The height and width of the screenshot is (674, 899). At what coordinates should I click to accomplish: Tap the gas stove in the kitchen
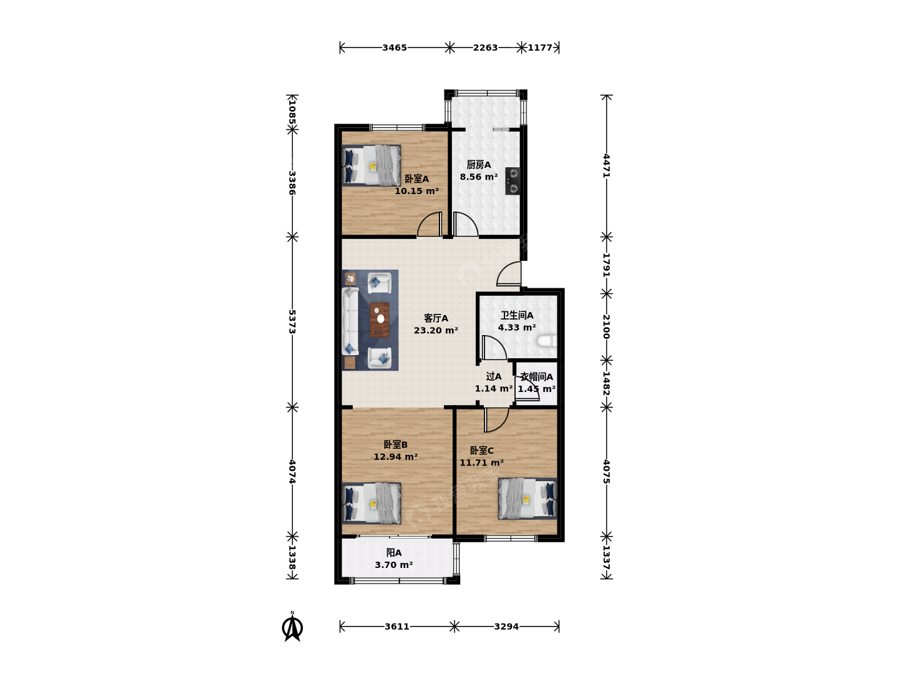click(x=513, y=181)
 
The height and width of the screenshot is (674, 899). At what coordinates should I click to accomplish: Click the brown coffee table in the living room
click(x=379, y=320)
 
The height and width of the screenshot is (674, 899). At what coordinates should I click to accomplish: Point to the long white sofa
click(x=350, y=321)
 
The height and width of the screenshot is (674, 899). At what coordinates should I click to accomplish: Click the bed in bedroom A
click(x=371, y=165)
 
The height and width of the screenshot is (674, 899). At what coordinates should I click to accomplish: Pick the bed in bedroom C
click(x=528, y=499)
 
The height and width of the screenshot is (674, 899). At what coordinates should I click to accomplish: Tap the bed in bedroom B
click(x=371, y=504)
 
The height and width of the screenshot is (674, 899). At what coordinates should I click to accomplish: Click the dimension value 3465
click(x=395, y=48)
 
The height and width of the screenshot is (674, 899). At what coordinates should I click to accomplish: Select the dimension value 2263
click(x=485, y=48)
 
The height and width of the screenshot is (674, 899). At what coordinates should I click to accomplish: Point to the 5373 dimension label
click(x=292, y=321)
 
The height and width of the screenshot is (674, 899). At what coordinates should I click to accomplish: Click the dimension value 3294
click(x=506, y=627)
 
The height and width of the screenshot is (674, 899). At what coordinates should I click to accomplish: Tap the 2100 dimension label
click(x=607, y=326)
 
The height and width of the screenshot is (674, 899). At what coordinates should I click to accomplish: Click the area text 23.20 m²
click(x=436, y=330)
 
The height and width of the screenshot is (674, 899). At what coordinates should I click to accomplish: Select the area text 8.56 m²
click(x=479, y=177)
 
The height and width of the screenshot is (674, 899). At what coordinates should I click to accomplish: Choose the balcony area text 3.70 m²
click(x=393, y=565)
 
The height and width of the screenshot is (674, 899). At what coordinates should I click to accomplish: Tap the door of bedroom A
click(x=430, y=224)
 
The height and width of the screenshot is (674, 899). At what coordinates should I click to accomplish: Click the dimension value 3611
click(x=397, y=627)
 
